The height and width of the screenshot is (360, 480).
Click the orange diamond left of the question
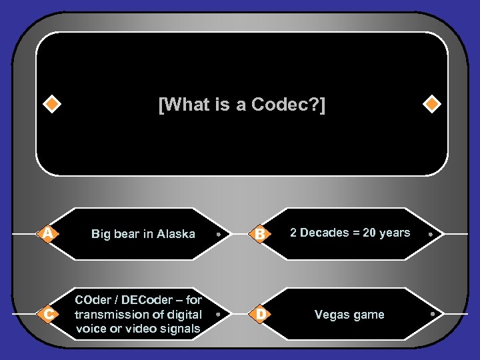(51, 105)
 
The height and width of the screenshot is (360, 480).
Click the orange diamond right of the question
(432, 105)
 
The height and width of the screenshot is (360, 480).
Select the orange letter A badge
(47, 233)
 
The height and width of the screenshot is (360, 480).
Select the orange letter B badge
(260, 234)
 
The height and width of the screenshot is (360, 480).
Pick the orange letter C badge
(47, 314)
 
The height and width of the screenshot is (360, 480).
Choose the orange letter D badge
(260, 313)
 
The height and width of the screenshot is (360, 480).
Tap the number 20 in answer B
(370, 233)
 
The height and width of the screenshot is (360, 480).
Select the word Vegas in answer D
(331, 315)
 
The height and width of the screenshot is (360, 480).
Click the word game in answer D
(369, 315)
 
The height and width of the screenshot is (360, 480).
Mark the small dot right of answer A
(219, 235)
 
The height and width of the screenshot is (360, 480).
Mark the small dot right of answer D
(432, 313)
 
